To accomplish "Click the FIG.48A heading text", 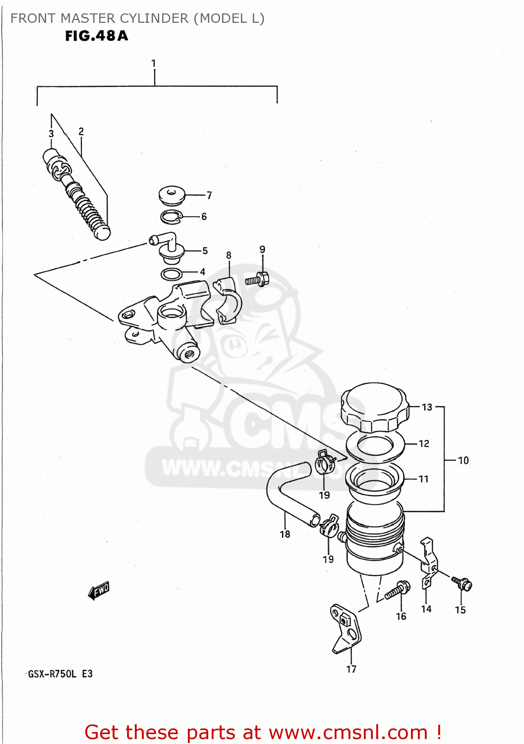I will click(97, 36).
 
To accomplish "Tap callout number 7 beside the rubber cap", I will click(209, 195).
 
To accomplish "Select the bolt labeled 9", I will click(257, 279).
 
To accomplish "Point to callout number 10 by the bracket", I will click(463, 460).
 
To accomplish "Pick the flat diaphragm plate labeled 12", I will click(375, 445).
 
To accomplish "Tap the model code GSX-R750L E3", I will click(60, 674).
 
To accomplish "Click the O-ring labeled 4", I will click(172, 273).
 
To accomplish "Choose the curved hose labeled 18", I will click(288, 496).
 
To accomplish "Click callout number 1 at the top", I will click(154, 63).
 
